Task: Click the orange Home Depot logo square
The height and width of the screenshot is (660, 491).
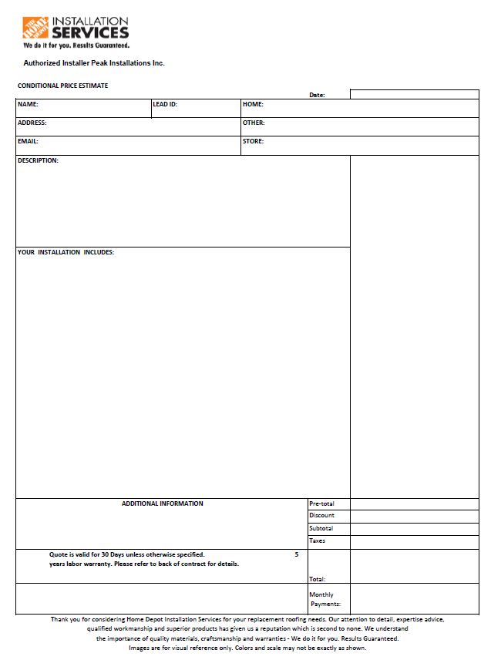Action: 35,28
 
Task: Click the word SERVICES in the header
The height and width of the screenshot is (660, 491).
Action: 90,33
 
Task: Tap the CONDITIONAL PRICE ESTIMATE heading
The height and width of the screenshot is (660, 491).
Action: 62,86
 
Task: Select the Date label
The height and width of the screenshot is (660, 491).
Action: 317,95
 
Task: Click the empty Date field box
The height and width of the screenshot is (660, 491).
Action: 414,94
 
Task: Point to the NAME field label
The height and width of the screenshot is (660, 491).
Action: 28,104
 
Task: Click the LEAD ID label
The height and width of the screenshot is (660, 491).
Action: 165,104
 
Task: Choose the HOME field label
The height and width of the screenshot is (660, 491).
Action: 253,104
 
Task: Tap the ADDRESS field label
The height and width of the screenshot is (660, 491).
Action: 32,123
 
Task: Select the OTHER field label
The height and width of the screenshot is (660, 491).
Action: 254,123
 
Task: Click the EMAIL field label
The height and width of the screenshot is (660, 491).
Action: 28,141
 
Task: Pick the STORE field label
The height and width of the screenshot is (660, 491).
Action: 253,141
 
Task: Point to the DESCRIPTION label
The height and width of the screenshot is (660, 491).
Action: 38,160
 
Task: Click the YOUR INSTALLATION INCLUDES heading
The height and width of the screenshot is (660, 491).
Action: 66,252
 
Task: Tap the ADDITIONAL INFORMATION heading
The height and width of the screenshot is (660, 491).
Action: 163,503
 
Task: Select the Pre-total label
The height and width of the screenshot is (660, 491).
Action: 321,503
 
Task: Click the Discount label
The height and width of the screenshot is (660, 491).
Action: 321,516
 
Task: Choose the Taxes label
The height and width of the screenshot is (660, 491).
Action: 317,540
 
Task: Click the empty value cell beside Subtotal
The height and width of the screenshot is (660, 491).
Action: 414,528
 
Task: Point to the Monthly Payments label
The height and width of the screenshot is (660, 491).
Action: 324,599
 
